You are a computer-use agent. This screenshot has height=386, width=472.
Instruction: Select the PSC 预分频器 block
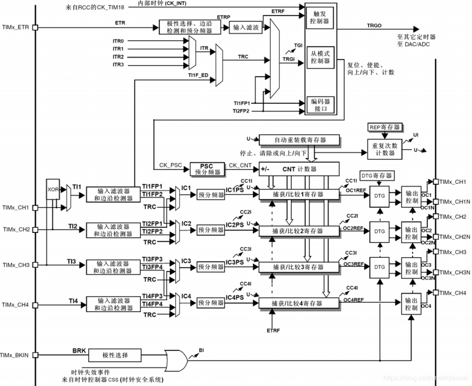pyautogui.click(x=206, y=169)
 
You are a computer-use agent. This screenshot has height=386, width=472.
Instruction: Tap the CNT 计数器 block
pyautogui.click(x=299, y=169)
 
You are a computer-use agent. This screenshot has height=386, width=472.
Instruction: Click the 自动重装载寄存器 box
pyautogui.click(x=300, y=140)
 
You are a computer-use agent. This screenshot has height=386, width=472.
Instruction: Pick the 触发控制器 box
pyautogui.click(x=320, y=18)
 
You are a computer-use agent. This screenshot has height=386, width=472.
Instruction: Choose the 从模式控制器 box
pyautogui.click(x=320, y=57)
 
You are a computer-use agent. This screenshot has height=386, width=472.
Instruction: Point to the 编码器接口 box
pyautogui.click(x=320, y=104)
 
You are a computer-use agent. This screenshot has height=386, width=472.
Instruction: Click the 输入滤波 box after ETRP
pyautogui.click(x=246, y=28)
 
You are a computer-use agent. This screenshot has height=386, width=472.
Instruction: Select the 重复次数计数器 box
pyautogui.click(x=384, y=150)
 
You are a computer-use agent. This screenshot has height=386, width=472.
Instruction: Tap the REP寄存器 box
pyautogui.click(x=384, y=128)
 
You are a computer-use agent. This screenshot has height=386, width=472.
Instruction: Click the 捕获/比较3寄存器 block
pyautogui.click(x=299, y=266)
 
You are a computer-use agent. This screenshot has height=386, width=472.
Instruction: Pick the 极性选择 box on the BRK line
pyautogui.click(x=116, y=355)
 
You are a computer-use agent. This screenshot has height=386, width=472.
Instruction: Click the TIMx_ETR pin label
pyautogui.click(x=16, y=27)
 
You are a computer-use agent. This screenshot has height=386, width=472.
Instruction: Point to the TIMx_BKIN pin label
pyautogui.click(x=16, y=355)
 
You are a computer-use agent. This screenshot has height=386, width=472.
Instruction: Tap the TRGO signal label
pyautogui.click(x=374, y=25)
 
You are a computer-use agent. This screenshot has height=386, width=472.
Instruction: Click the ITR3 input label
pyautogui.click(x=118, y=64)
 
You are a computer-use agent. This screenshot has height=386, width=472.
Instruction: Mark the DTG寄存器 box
pyautogui.click(x=376, y=176)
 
